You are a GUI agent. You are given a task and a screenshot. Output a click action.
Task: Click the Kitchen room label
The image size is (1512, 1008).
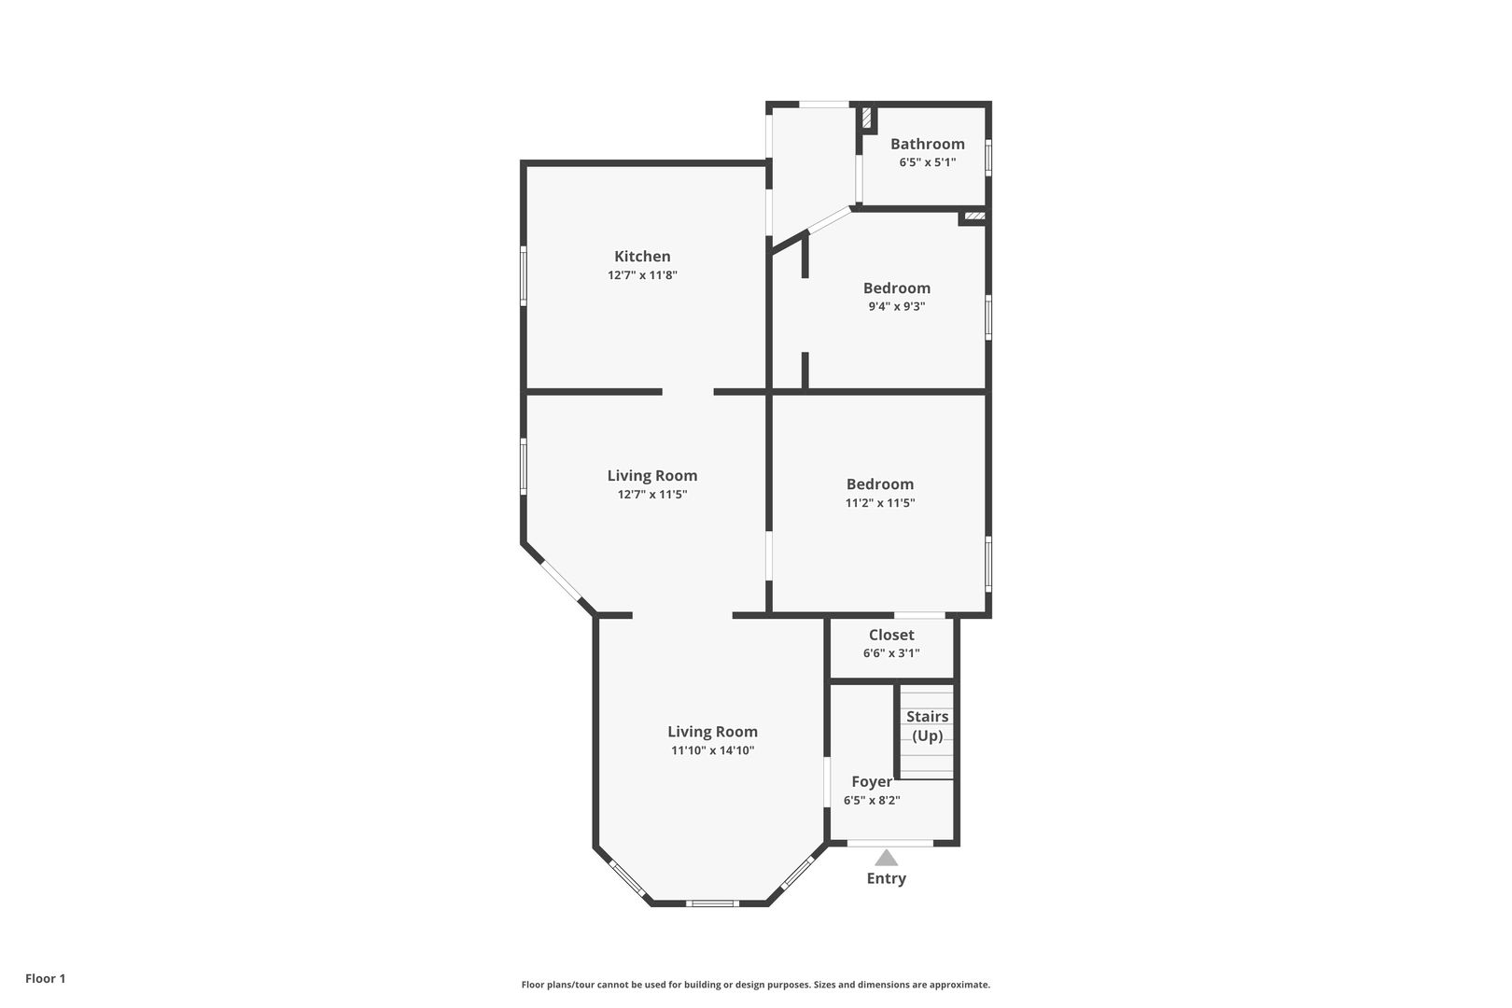[x=642, y=257]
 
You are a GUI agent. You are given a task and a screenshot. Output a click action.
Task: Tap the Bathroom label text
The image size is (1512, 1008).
[x=927, y=144]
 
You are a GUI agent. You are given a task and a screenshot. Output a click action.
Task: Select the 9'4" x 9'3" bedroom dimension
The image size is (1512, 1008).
[x=896, y=306]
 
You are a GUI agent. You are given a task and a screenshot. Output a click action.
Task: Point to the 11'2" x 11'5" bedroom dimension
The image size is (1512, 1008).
[x=879, y=502]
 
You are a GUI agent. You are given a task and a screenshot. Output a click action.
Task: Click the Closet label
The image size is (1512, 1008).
[x=891, y=635]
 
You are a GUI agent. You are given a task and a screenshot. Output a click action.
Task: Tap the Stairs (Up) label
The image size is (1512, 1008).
[x=928, y=726]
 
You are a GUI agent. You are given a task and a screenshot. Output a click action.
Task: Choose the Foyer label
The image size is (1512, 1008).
[x=872, y=782]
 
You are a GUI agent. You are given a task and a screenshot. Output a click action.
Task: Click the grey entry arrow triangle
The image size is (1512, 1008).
[x=887, y=858]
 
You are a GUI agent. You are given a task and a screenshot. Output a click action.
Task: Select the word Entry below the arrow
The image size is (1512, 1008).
[x=887, y=878]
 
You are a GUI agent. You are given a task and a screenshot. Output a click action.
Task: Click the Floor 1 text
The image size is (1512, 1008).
[x=45, y=978]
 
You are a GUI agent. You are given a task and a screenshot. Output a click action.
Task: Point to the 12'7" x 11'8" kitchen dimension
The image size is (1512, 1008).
[x=642, y=274]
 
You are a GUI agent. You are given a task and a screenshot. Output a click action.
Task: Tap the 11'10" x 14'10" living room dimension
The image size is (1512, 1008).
[x=712, y=750]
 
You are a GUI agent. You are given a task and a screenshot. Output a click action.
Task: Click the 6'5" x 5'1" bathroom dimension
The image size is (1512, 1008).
[x=927, y=162]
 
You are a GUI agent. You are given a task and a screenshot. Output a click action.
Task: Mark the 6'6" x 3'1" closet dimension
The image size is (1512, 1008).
[x=891, y=653]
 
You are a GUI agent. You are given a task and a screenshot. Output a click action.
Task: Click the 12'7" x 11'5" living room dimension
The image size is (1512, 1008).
[x=652, y=495]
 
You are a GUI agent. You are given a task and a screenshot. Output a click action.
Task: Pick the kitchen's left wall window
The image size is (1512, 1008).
[x=523, y=276]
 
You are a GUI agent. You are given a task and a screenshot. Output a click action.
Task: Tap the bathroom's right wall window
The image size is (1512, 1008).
[x=988, y=158]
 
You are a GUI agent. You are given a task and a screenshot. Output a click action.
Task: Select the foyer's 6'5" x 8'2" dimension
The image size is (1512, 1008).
[x=872, y=801]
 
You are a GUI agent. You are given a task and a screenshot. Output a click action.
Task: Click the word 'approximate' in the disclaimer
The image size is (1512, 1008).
[x=959, y=985]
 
